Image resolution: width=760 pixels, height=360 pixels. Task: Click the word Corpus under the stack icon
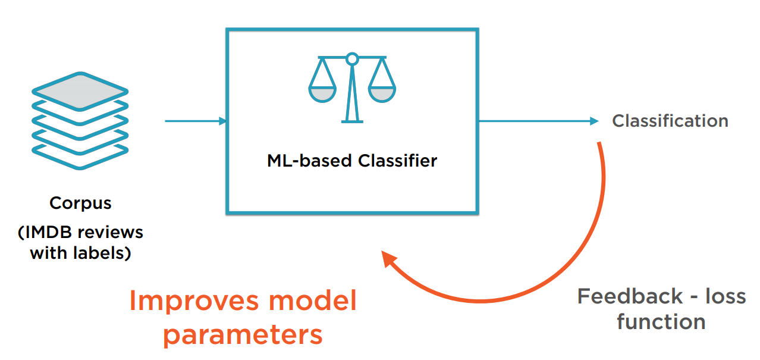[x=80, y=204]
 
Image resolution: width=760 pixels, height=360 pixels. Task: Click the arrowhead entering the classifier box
[x=223, y=121]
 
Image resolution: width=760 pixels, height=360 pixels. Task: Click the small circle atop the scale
[x=352, y=58]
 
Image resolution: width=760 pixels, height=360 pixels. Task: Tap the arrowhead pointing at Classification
[x=594, y=121]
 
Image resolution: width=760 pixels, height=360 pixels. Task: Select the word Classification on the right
[x=670, y=121]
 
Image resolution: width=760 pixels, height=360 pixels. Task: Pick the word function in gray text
[x=661, y=322]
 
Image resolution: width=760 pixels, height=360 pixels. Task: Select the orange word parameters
[x=243, y=335]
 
